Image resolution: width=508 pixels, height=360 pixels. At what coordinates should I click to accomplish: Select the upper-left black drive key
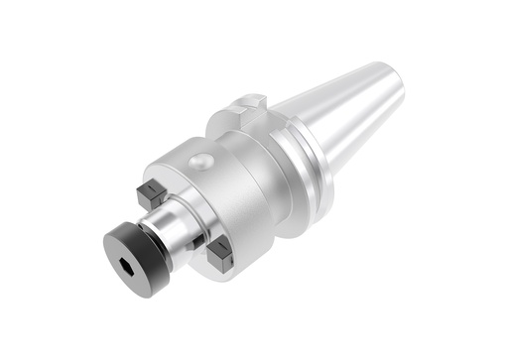[x=152, y=193]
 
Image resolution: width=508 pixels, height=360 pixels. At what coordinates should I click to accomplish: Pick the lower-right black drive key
[x=220, y=256]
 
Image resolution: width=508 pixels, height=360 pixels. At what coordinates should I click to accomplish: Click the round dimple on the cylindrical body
[x=201, y=162]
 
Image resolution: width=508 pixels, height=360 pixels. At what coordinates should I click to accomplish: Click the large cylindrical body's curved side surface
[x=238, y=188]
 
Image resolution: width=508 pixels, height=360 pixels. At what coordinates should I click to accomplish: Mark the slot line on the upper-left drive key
[x=152, y=189]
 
